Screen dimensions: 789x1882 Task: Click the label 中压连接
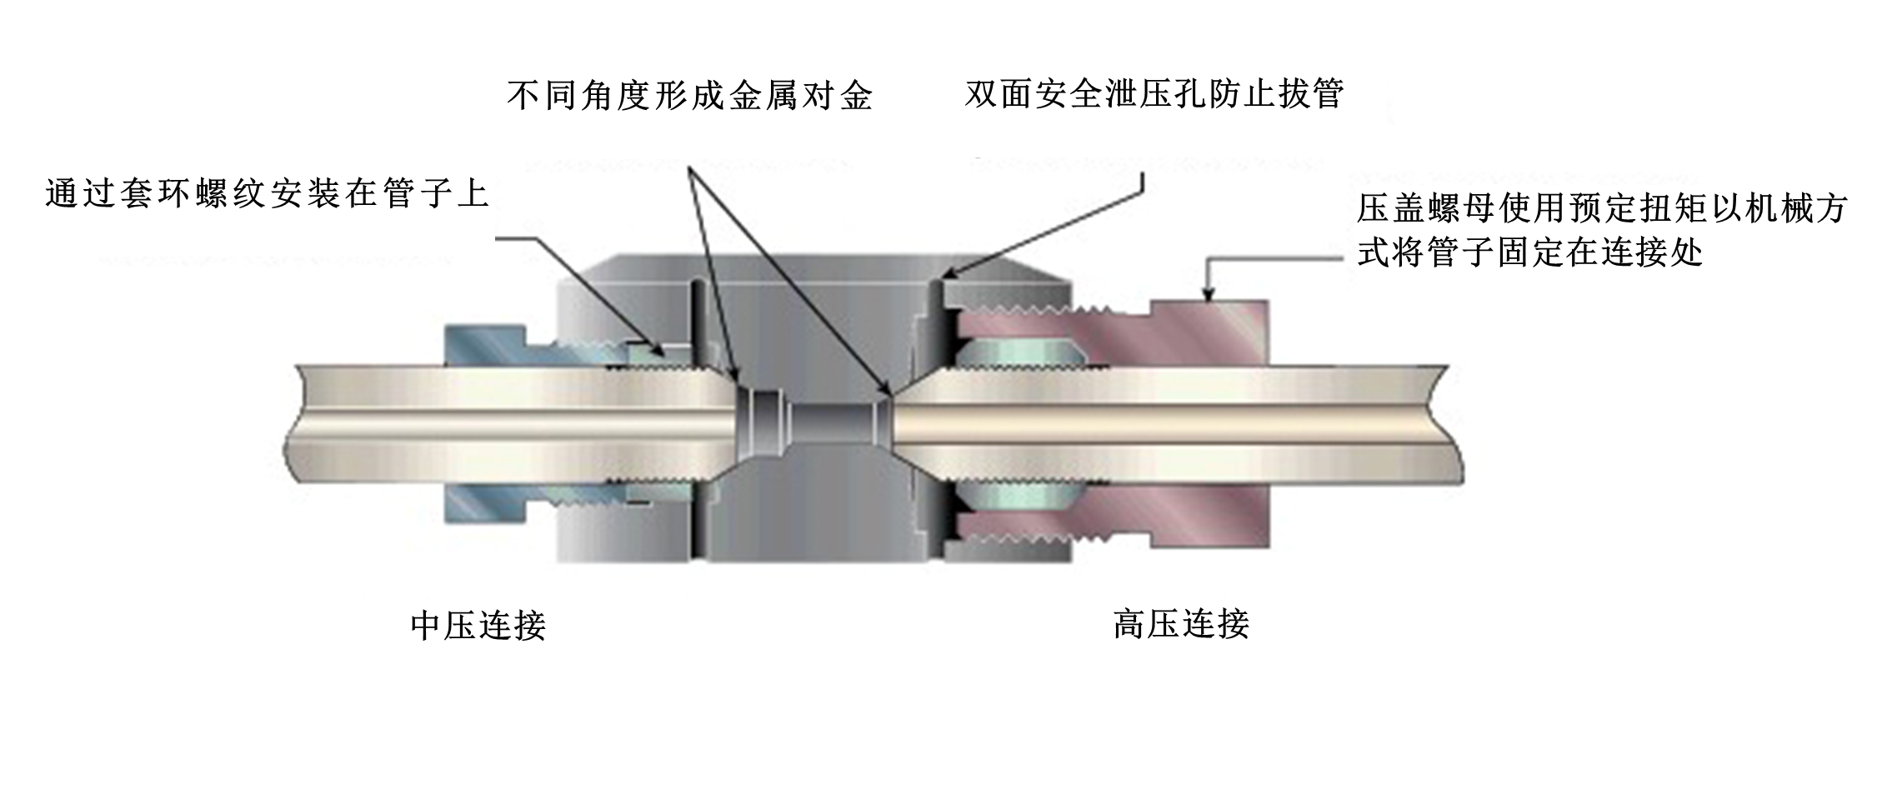point(478,625)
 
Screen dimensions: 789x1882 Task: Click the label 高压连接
point(1180,623)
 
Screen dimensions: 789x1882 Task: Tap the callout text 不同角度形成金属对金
point(689,97)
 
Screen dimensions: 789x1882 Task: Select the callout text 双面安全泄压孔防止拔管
point(1154,93)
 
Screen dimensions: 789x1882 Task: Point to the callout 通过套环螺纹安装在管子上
point(266,194)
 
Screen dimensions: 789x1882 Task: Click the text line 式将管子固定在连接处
point(1529,252)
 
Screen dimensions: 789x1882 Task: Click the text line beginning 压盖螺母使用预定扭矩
point(1601,208)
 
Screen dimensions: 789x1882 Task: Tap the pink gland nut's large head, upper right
point(1209,333)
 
